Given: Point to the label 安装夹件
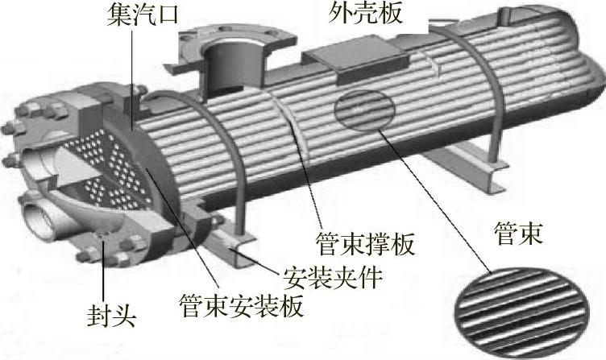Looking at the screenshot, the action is [333, 278].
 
